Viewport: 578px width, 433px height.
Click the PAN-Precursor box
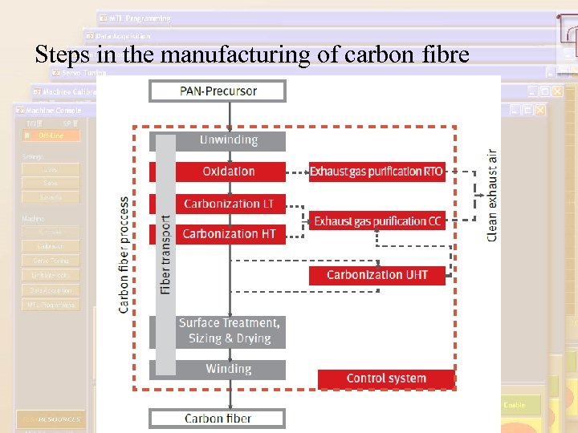coord(217,91)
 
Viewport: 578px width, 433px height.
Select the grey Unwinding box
coord(229,141)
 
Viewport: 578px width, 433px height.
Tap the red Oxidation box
coord(229,172)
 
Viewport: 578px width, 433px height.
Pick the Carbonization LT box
coord(229,204)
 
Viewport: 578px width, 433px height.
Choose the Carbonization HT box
coord(229,234)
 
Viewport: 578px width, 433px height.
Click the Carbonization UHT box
coord(377,275)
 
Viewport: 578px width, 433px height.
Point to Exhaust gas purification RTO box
coord(377,172)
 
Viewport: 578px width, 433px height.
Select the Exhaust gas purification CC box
coord(377,221)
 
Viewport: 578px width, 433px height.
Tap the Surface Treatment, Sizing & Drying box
coord(229,331)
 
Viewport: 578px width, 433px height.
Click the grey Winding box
coord(229,370)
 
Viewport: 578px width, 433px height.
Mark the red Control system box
coord(386,378)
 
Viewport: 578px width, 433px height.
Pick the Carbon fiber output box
coord(217,418)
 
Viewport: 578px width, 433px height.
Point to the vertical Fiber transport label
coord(165,253)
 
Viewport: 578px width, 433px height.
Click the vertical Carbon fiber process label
coord(124,255)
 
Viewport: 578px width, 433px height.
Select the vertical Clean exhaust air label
coord(491,196)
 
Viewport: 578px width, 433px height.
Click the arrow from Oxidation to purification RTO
coord(297,172)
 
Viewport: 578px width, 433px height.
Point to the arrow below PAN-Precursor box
coord(230,115)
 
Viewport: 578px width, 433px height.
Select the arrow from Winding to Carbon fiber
coord(230,395)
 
